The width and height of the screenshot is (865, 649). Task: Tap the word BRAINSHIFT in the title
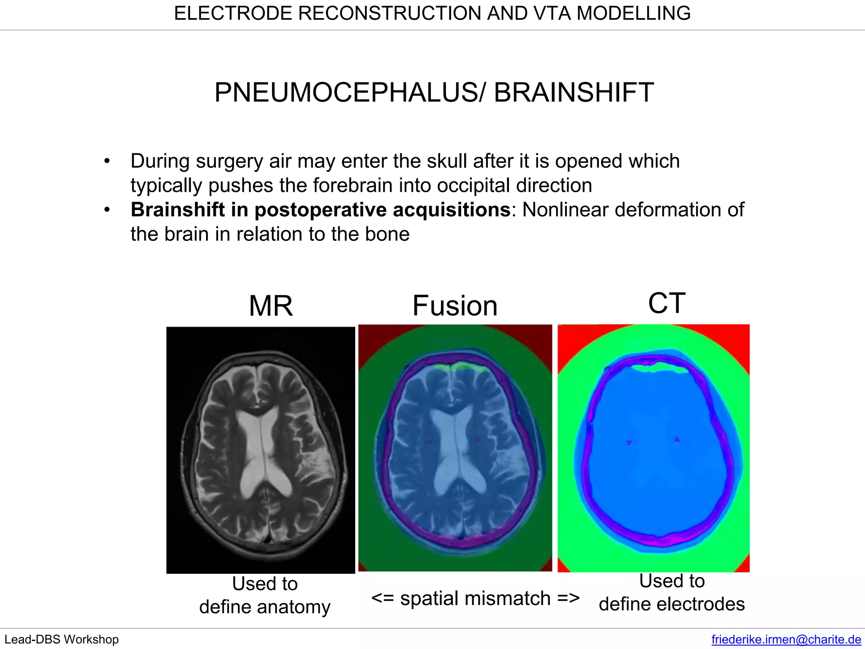coord(574,93)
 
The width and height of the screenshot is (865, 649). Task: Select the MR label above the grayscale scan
coord(271,306)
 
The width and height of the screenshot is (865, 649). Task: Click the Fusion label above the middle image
coord(455,306)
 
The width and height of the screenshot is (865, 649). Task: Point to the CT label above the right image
coord(666,303)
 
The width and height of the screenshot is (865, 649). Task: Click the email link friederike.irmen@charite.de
coord(786,639)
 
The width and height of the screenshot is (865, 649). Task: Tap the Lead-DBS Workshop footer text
coord(62,639)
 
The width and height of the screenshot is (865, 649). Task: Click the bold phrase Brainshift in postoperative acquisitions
coord(320,210)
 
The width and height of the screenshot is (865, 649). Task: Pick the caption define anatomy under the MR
coord(265,607)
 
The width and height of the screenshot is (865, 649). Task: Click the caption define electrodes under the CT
coord(672,604)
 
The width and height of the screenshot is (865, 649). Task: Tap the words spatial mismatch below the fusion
coord(475,598)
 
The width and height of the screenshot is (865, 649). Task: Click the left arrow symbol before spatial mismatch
coord(382,598)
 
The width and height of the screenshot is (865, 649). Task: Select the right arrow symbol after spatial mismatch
coord(569,598)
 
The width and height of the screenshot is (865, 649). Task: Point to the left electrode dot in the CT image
coord(629,442)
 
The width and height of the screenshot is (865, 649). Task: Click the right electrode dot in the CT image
coord(677,439)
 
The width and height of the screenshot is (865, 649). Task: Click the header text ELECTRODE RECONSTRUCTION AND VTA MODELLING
coord(432,14)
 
